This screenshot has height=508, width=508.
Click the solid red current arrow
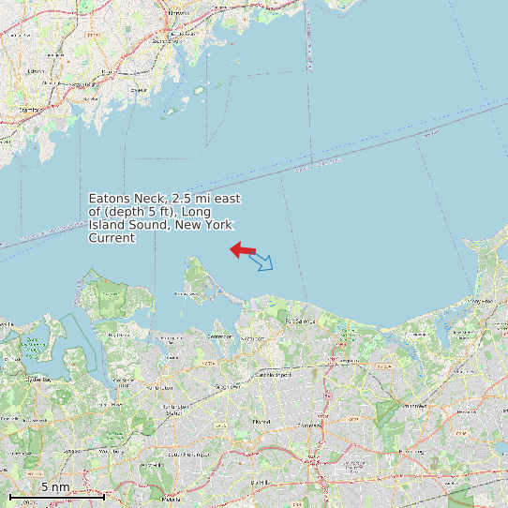tap(243, 249)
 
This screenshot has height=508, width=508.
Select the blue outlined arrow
tap(261, 261)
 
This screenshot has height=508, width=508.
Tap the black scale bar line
tap(56, 495)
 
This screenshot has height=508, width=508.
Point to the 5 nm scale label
tap(54, 487)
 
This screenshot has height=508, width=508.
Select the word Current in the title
tap(112, 238)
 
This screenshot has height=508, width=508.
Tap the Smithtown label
tap(413, 406)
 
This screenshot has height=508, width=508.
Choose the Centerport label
tap(220, 336)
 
